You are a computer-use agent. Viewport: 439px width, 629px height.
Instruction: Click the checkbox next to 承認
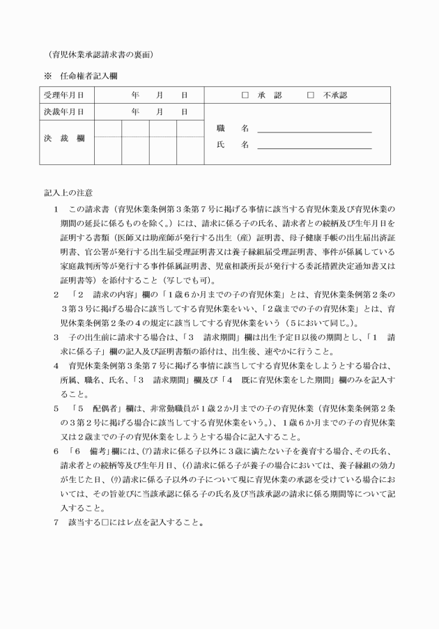coord(245,95)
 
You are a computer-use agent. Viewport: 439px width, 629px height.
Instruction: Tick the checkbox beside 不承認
coord(310,95)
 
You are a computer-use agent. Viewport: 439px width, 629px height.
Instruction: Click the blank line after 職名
coord(314,130)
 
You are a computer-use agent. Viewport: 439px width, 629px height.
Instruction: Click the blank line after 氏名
coord(314,146)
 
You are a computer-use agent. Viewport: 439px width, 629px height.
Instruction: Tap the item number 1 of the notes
coord(55,209)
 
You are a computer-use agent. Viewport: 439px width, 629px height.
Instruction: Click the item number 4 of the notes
coord(55,365)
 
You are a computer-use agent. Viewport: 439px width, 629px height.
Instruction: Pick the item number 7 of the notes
coord(55,522)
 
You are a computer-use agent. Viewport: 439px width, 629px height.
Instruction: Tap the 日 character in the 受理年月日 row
coord(185,95)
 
